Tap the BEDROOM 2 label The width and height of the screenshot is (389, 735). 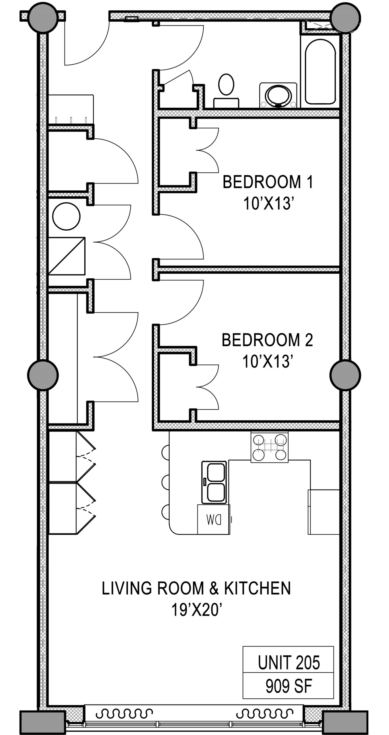pyautogui.click(x=267, y=340)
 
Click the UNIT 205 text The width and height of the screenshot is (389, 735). pyautogui.click(x=289, y=663)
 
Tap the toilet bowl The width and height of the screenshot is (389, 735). pyautogui.click(x=226, y=84)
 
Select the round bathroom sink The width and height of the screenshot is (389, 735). pyautogui.click(x=278, y=95)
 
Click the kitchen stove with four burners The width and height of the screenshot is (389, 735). pyautogui.click(x=269, y=447)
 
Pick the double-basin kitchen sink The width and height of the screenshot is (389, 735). pyautogui.click(x=214, y=482)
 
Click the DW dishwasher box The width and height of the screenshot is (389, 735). pyautogui.click(x=213, y=519)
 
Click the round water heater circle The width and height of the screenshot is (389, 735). pyautogui.click(x=66, y=216)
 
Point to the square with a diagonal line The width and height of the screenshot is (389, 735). pyautogui.click(x=67, y=256)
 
